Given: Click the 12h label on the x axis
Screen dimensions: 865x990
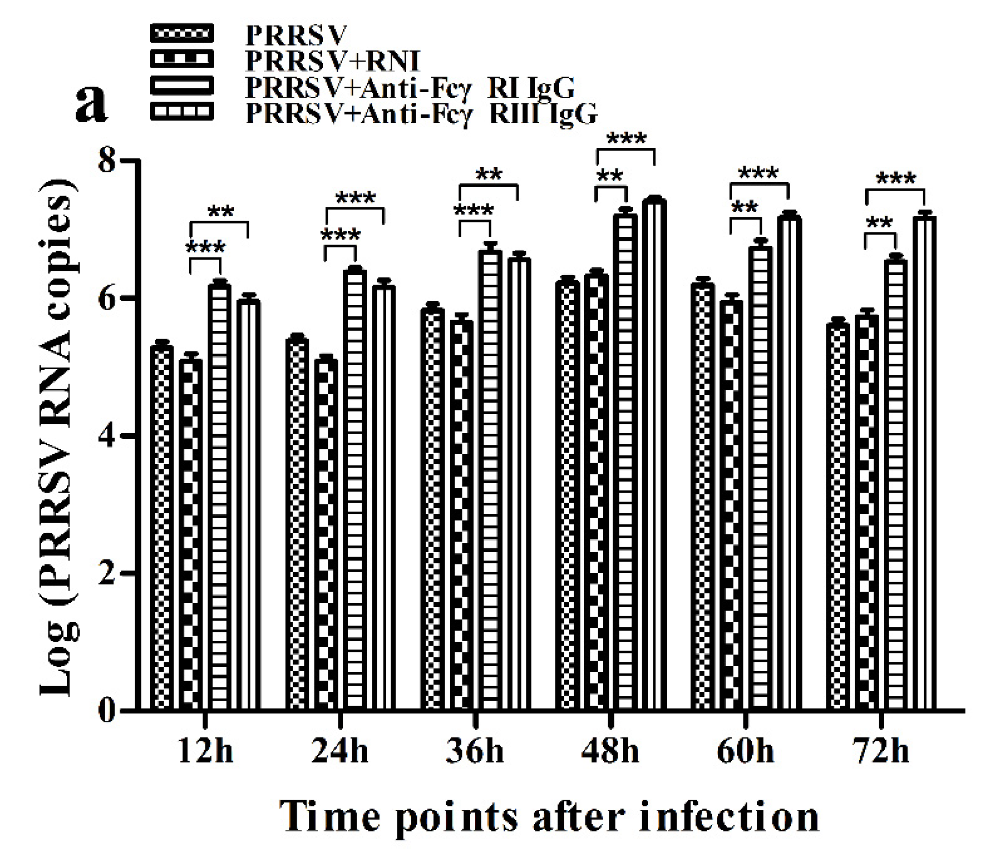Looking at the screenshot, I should pyautogui.click(x=205, y=752).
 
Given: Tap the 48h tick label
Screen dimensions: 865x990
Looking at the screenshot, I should pyautogui.click(x=610, y=752).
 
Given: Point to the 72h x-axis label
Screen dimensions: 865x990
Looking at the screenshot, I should pyautogui.click(x=881, y=752).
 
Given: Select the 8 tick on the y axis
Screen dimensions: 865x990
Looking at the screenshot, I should pyautogui.click(x=107, y=160).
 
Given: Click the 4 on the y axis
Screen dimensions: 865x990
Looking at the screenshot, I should pyautogui.click(x=107, y=436).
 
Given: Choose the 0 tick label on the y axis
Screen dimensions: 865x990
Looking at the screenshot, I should pyautogui.click(x=107, y=711).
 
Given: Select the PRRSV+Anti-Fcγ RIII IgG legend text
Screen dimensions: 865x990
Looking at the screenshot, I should pyautogui.click(x=422, y=114).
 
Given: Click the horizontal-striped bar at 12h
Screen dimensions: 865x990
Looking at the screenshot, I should pyautogui.click(x=219, y=497).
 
